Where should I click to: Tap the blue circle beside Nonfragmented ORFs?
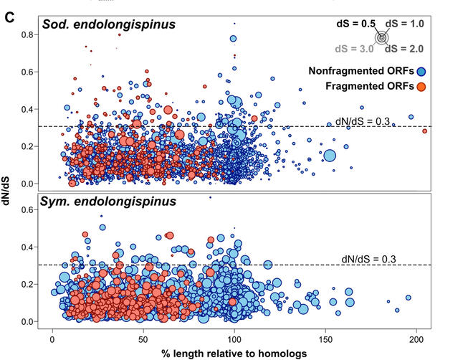coord(423,71)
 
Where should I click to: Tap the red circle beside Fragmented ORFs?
coord(423,87)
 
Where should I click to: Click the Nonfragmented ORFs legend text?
coord(363,71)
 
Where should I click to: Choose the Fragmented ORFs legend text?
coord(370,87)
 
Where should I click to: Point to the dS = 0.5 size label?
coord(356,24)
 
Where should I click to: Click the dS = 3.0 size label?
coord(355,49)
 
